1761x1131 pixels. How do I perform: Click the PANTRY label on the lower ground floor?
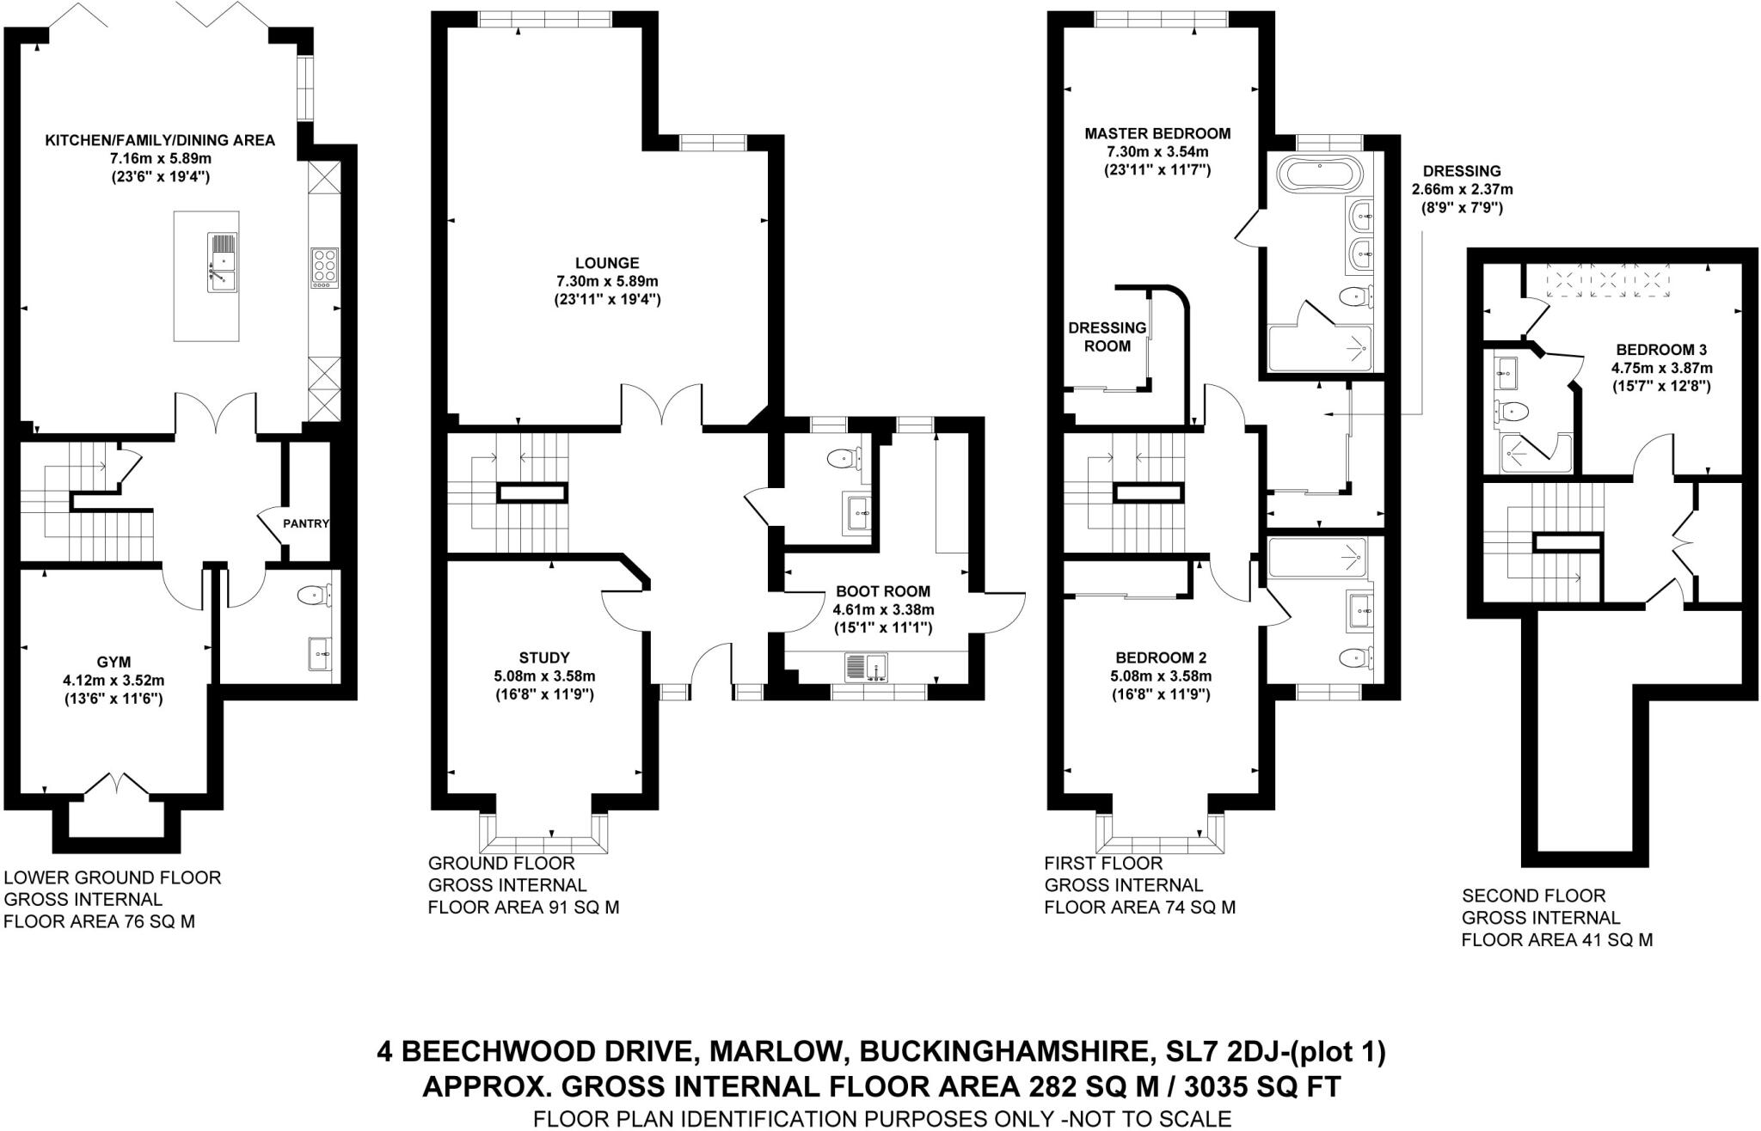[306, 523]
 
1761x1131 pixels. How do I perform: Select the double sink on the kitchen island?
[221, 263]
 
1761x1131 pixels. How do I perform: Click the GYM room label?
[114, 662]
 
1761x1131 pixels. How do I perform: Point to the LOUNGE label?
[607, 263]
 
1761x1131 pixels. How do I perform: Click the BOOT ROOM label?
[883, 591]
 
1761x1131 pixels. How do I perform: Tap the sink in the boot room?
[866, 667]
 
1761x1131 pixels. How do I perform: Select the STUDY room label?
[544, 657]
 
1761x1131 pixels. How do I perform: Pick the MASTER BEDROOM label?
[1157, 133]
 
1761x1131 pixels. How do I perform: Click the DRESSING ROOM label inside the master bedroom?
[1107, 337]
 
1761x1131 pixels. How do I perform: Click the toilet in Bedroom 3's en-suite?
[1510, 412]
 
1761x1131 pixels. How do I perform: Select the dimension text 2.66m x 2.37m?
[1461, 189]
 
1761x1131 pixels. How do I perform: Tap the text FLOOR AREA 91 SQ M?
[523, 907]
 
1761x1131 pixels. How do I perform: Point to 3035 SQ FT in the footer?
[1261, 1087]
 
